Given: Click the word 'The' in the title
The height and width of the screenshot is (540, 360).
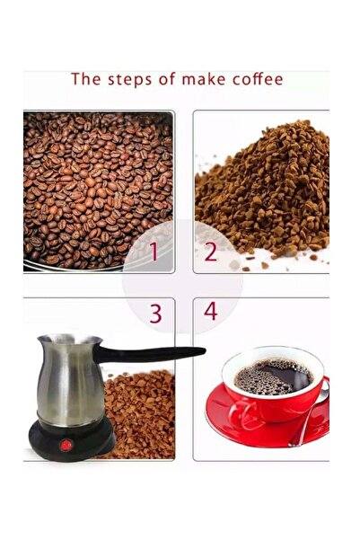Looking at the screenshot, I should pyautogui.click(x=86, y=79).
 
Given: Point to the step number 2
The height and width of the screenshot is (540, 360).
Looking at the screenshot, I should pyautogui.click(x=210, y=252).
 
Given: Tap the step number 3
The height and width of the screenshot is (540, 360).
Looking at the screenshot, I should pyautogui.click(x=155, y=314).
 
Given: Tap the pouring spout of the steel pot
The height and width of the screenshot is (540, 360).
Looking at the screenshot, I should pyautogui.click(x=41, y=342).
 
